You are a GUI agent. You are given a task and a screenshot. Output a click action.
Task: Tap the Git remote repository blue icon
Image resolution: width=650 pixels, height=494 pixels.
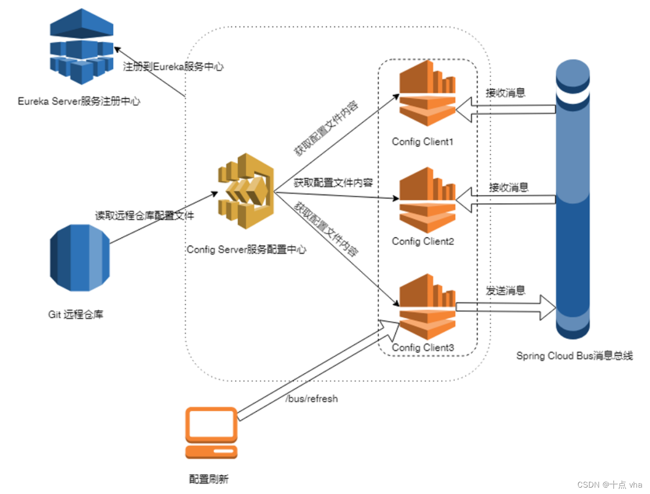[80, 258]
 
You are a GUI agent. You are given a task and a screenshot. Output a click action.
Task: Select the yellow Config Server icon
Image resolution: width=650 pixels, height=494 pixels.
[245, 191]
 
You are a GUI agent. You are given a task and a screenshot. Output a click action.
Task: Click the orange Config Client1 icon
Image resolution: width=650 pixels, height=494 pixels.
[427, 94]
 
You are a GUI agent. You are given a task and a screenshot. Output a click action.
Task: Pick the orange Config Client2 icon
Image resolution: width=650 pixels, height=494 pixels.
[427, 200]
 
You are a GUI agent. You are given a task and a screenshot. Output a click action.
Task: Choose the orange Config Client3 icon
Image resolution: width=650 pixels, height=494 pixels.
[427, 306]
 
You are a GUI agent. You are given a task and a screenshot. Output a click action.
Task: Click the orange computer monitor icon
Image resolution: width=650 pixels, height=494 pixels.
[211, 433]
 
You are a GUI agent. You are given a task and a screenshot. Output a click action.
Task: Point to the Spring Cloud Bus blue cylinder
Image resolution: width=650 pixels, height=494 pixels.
[572, 198]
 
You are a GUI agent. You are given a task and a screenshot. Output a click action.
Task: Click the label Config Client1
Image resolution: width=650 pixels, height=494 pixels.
[423, 142]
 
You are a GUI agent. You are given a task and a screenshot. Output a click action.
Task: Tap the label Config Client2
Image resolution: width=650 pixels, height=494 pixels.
[423, 242]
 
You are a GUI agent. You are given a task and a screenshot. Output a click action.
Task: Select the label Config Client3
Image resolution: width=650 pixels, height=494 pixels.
[423, 348]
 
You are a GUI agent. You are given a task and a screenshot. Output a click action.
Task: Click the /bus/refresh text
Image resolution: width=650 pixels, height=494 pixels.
[312, 399]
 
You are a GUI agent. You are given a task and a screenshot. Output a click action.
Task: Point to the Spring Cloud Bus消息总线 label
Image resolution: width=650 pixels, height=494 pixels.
[574, 356]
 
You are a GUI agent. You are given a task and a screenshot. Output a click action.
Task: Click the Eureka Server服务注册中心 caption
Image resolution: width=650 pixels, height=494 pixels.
[79, 101]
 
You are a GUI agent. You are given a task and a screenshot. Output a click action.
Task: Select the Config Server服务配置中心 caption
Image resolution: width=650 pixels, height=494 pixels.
[247, 250]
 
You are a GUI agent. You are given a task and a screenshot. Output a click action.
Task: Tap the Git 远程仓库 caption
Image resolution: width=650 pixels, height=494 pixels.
[76, 314]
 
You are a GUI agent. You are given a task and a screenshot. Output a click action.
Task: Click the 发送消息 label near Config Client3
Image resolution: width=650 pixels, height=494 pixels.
[505, 291]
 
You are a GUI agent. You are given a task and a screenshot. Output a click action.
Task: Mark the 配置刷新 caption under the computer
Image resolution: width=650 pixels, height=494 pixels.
[209, 479]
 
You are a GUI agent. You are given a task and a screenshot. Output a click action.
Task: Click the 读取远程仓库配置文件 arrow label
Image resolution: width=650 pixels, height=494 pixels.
[144, 216]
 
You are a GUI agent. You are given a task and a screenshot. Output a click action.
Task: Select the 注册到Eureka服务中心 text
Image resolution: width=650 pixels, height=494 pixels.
[173, 67]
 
